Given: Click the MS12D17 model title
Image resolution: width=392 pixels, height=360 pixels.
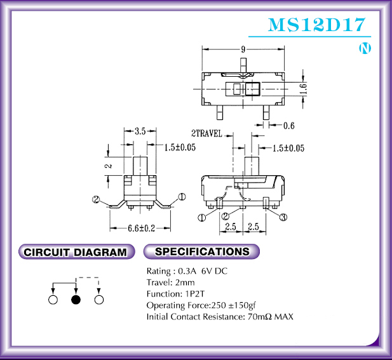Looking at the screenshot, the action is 316,25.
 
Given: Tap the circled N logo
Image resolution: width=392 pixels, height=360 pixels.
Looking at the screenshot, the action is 365,48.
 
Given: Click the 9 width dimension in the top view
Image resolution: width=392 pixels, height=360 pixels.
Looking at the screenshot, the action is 243,50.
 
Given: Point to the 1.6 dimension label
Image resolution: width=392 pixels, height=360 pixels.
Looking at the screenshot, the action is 304,89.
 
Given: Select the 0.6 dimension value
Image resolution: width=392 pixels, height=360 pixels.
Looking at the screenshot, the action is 288,126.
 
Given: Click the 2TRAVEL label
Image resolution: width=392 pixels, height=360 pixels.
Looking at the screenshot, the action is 206,133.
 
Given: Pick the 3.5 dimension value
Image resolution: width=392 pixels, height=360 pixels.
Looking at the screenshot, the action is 140,131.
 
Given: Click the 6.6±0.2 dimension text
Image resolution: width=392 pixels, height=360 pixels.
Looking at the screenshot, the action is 142,228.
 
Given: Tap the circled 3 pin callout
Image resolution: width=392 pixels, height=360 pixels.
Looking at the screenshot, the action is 283,217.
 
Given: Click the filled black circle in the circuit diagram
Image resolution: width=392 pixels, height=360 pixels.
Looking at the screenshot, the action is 76,300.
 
